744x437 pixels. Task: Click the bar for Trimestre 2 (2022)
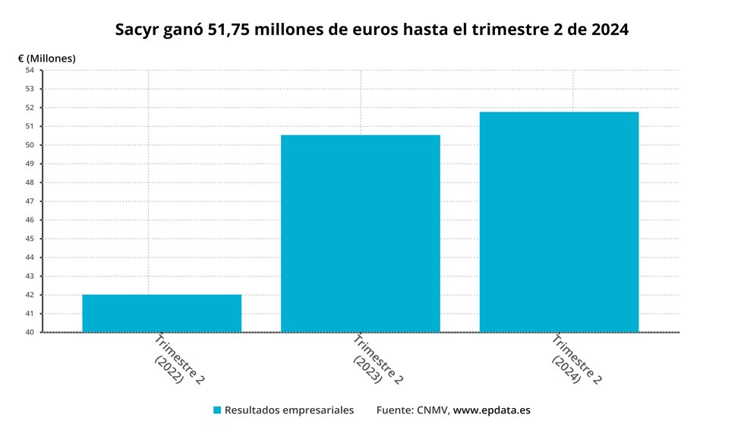point(162,313)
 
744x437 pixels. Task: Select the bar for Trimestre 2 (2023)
point(361,234)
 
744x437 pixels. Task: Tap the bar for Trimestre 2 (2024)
point(559,222)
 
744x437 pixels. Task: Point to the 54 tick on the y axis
point(30,70)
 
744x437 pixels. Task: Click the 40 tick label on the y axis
point(30,332)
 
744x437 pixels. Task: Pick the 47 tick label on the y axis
point(30,201)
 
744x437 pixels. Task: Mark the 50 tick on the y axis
point(30,145)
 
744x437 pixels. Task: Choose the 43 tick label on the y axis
point(30,276)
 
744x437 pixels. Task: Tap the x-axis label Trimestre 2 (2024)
point(576,359)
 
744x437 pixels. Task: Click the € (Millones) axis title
point(46,59)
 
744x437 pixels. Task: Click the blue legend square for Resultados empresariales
point(217,410)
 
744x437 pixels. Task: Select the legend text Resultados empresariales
point(289,410)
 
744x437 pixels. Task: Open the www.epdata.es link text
point(492,410)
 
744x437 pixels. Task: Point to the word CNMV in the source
point(433,410)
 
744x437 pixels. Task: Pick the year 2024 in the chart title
point(610,30)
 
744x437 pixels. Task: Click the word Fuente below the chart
point(395,410)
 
